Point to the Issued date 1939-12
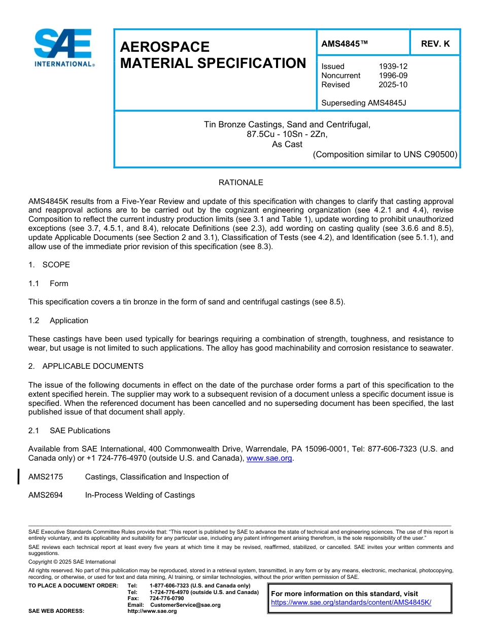click(x=393, y=66)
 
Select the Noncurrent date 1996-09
click(x=393, y=76)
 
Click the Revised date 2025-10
click(x=393, y=85)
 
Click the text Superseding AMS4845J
click(x=364, y=103)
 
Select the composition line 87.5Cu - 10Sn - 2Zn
click(x=287, y=134)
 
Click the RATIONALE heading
click(x=240, y=183)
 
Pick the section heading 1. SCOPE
click(x=49, y=265)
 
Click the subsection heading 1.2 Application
click(x=58, y=321)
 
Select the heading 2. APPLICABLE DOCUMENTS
click(x=86, y=366)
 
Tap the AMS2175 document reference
click(x=46, y=477)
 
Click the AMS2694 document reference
click(x=46, y=495)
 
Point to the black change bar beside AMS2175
click(x=19, y=477)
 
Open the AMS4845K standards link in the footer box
click(x=351, y=603)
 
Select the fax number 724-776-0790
click(x=166, y=599)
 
